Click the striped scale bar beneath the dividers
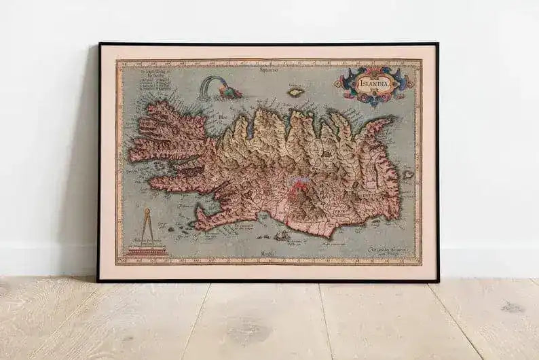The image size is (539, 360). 145,251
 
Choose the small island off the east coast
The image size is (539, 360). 408,175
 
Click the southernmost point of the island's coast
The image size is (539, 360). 326,235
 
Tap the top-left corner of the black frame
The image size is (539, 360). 100,44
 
